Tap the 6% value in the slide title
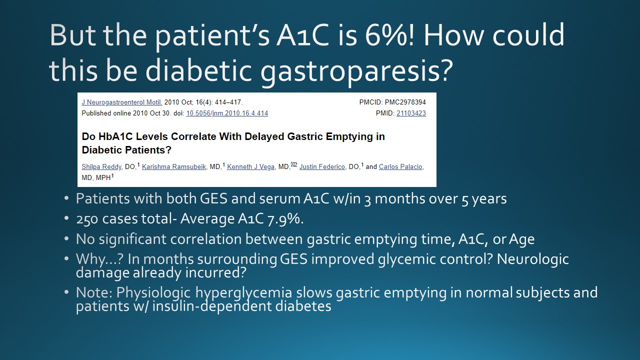coord(386,35)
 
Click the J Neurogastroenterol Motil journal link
coord(122,102)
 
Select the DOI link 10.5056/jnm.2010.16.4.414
coord(227,113)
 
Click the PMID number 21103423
coord(411,113)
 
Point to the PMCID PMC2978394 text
coord(392,102)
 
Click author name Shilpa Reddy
coord(101,167)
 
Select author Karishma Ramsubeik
coord(174,167)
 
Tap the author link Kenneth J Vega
coord(251,167)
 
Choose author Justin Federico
coord(322,167)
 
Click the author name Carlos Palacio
coord(400,167)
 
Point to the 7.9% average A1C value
coord(283,219)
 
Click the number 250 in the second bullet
coord(87,219)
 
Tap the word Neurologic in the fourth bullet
coord(532,259)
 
